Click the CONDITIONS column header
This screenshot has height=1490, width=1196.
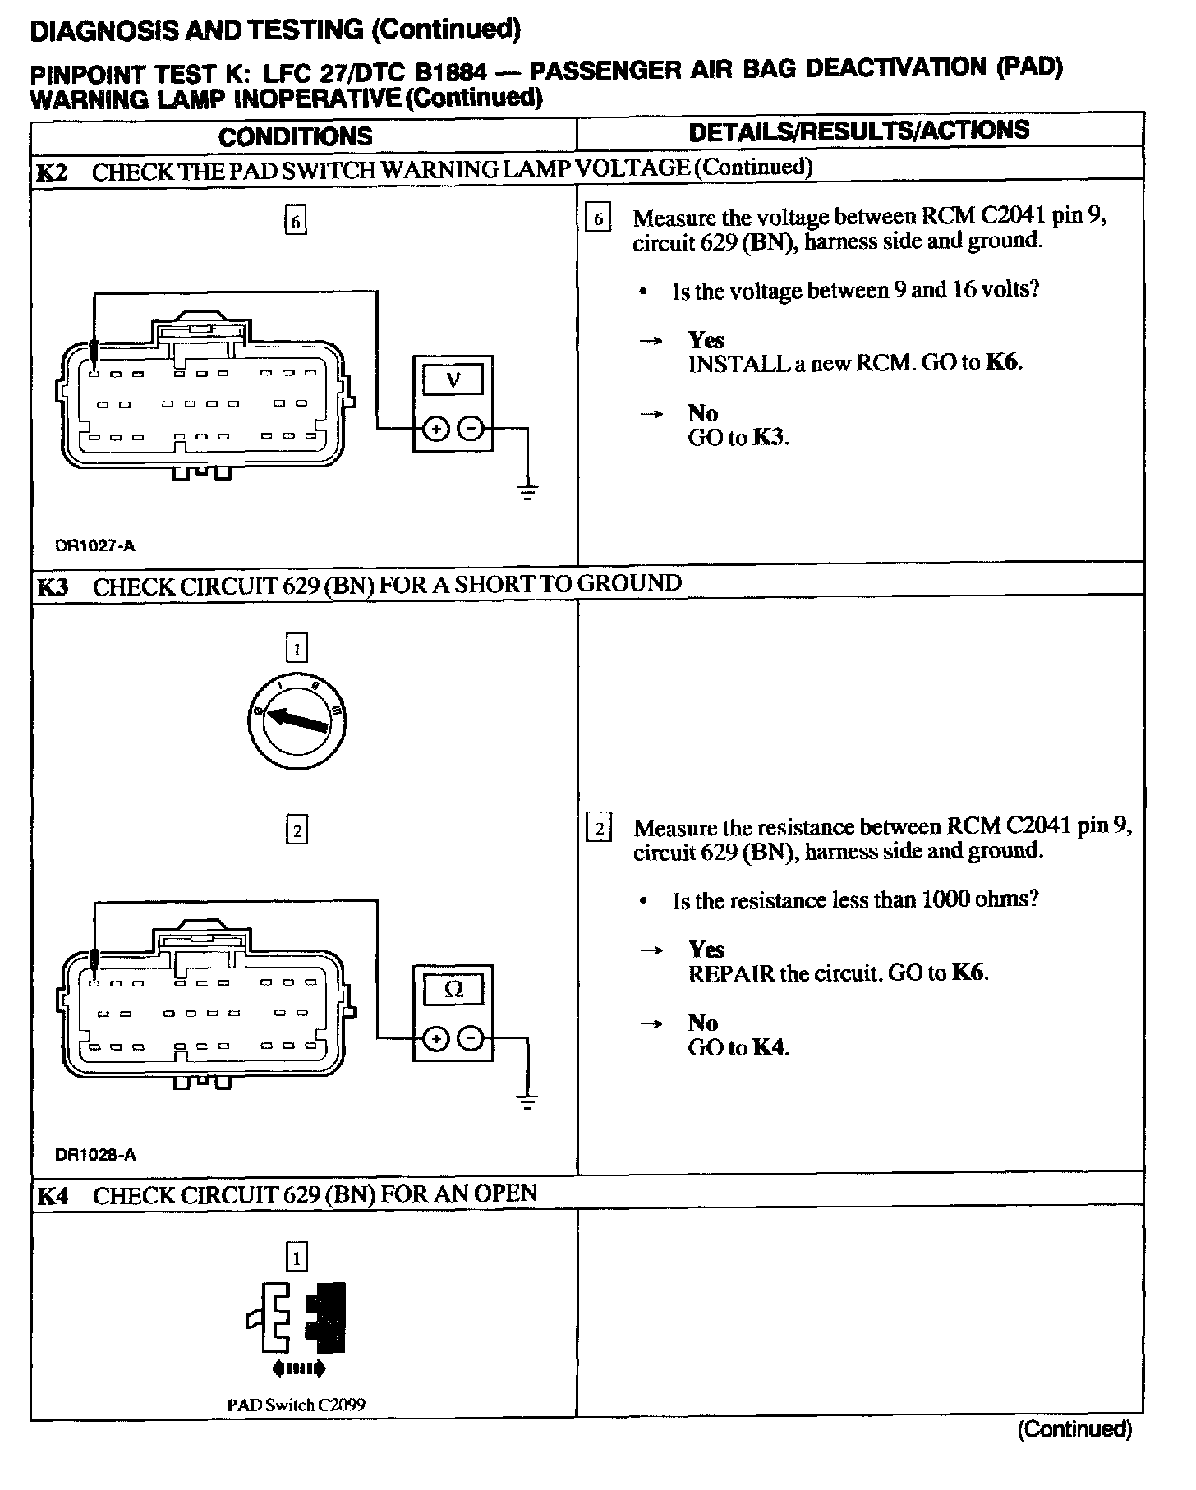295,136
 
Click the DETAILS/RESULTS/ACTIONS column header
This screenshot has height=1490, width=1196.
858,131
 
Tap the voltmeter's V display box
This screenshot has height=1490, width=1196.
453,380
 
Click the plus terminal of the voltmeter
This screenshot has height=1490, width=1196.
435,429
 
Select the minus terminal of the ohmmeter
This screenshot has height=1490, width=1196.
470,1039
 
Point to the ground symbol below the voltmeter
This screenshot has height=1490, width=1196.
527,492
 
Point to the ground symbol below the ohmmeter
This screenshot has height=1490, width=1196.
527,1102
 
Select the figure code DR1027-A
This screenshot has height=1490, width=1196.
94,545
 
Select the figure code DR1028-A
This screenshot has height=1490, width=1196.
95,1154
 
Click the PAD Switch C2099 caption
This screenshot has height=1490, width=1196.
296,1405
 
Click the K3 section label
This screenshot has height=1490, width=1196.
52,587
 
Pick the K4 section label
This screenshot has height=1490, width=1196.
52,1196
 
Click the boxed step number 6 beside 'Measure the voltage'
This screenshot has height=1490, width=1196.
598,218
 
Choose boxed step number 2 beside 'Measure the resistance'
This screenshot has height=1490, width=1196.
598,829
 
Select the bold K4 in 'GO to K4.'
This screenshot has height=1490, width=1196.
769,1047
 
